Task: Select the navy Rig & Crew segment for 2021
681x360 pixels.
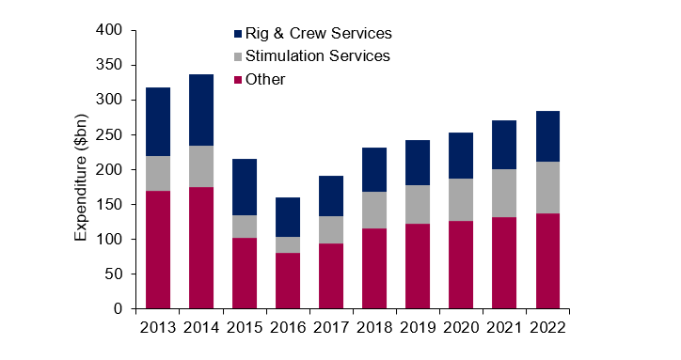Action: pyautogui.click(x=505, y=145)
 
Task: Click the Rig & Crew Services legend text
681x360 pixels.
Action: pyautogui.click(x=318, y=34)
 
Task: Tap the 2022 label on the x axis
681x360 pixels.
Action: pyautogui.click(x=547, y=329)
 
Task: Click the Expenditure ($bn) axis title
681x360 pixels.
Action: pyautogui.click(x=82, y=169)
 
